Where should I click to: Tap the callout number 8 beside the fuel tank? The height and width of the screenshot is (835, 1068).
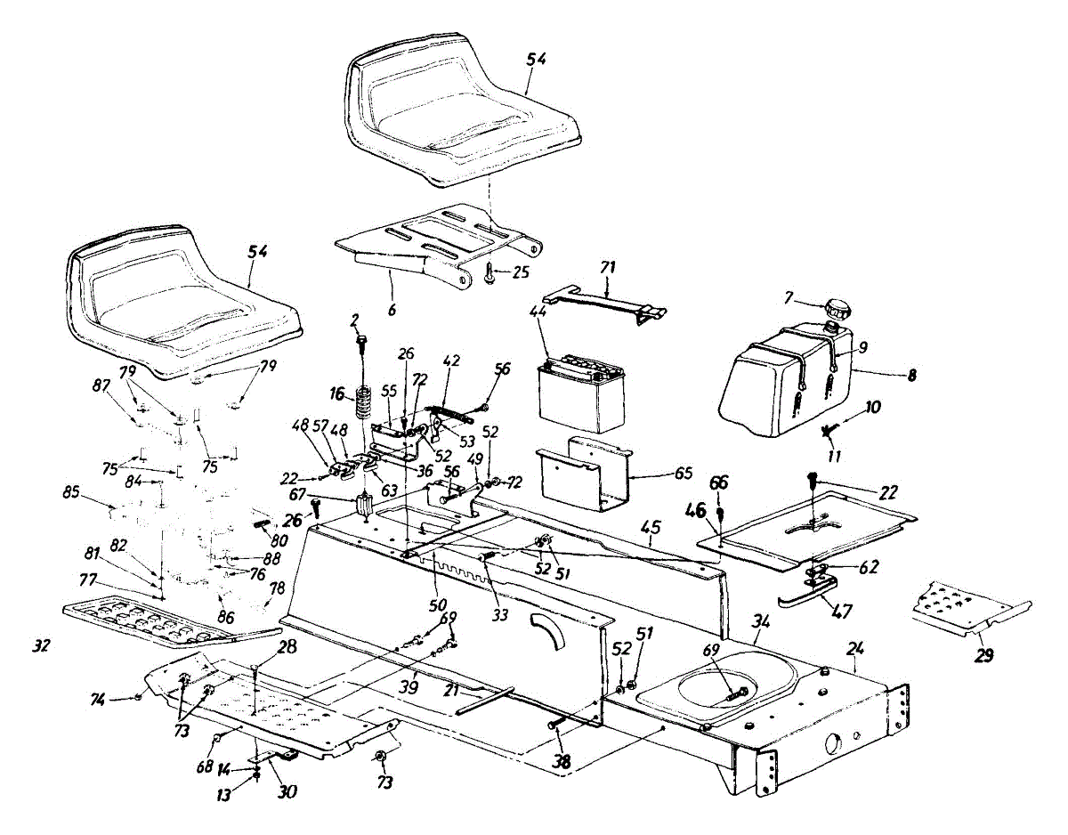[x=911, y=375]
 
